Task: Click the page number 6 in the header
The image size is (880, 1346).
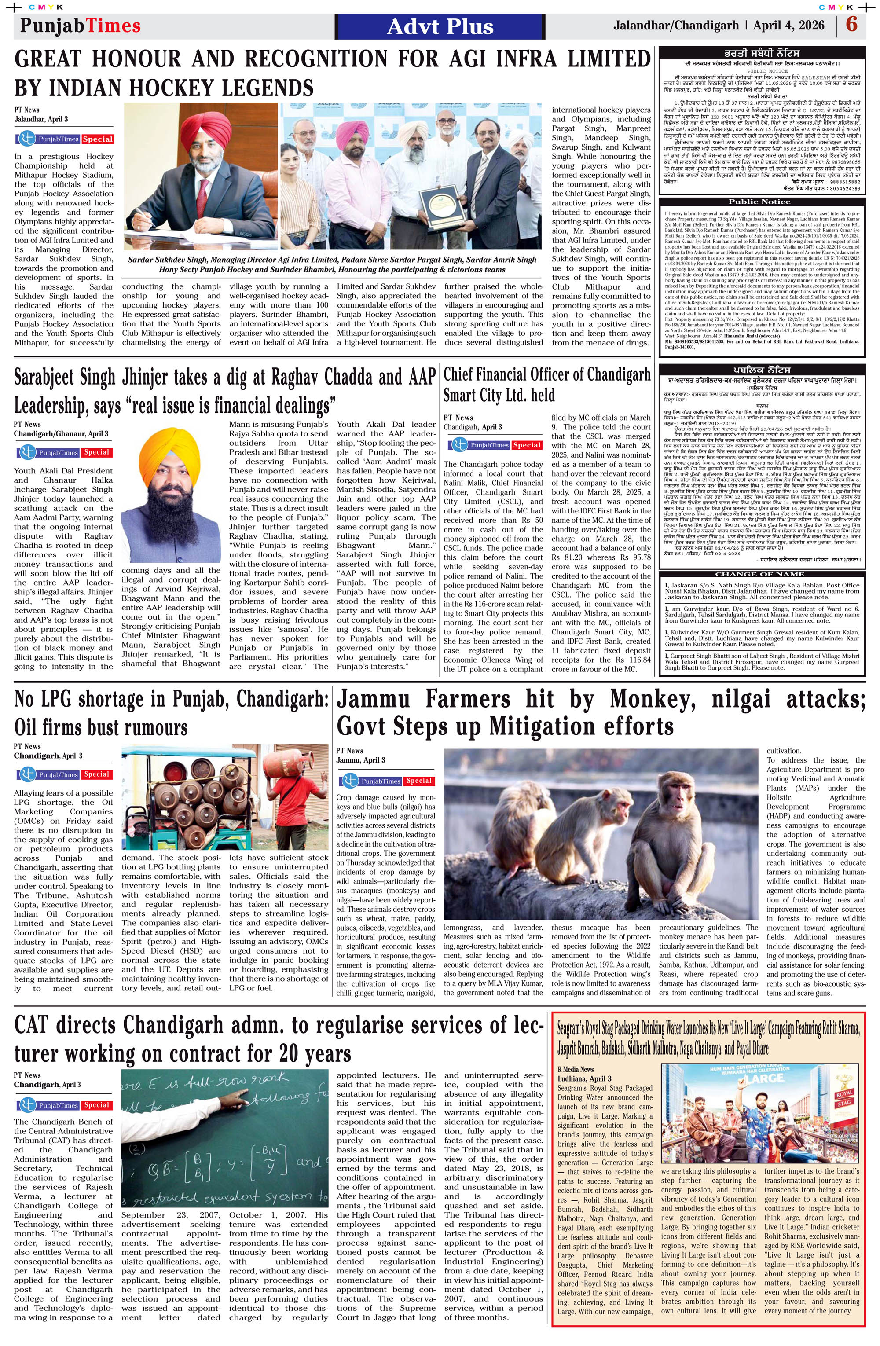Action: point(852,26)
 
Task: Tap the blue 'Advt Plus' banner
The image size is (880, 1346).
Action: point(440,26)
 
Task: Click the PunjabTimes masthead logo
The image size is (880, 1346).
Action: point(81,26)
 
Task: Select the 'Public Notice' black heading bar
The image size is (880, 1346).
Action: point(759,202)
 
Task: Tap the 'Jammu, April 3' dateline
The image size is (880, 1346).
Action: point(361,760)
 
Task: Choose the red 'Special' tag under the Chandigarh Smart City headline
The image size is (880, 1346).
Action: point(527,445)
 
